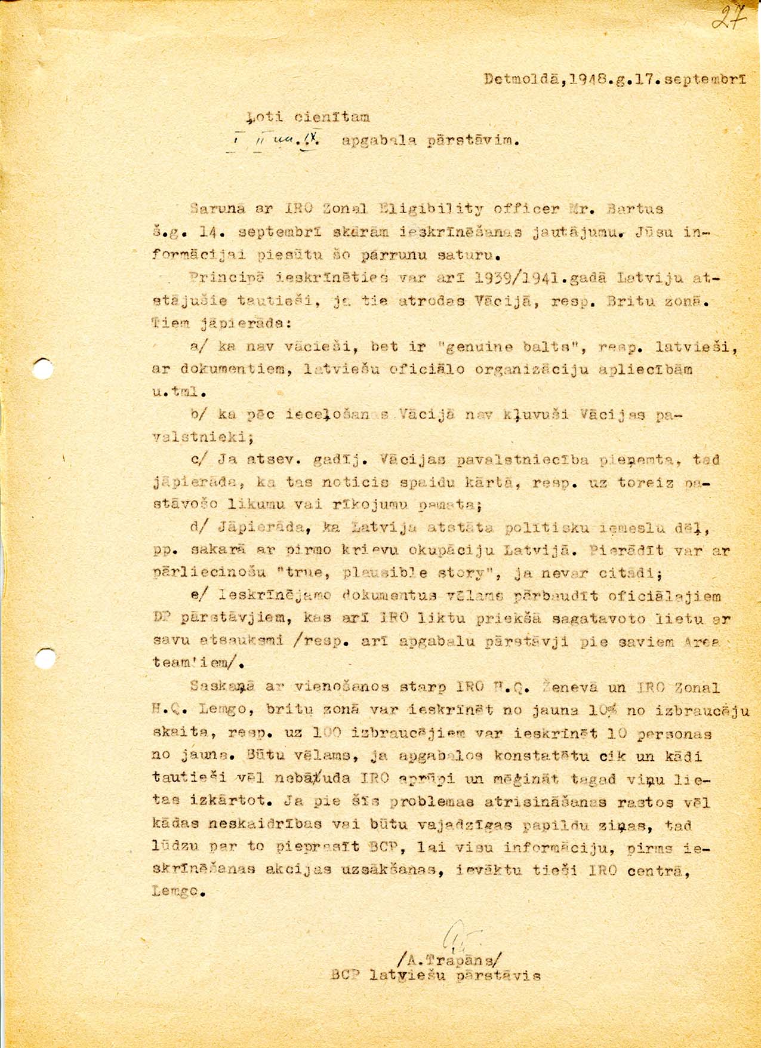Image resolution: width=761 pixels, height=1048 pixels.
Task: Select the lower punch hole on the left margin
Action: pyautogui.click(x=43, y=660)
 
